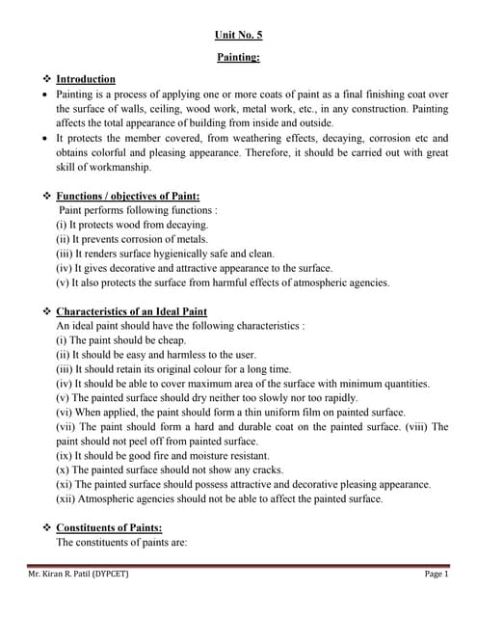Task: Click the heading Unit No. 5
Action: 237,35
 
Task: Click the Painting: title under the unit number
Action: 237,58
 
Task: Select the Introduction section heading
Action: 86,79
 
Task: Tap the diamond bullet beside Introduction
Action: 45,79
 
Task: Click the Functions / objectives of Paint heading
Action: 127,196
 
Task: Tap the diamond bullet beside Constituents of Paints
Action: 45,527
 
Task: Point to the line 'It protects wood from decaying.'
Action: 130,225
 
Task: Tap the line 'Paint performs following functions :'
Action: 139,209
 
